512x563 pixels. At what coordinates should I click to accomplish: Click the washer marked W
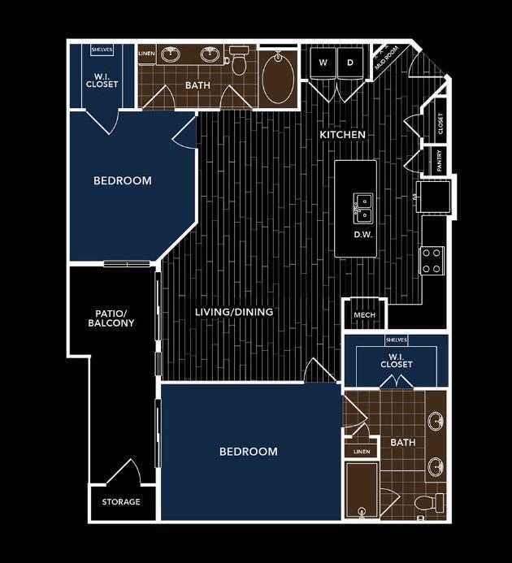click(323, 63)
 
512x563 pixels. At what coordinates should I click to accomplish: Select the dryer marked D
click(350, 63)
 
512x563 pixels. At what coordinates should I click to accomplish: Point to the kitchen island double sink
click(363, 208)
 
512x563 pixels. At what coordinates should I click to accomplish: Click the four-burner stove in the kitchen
click(432, 261)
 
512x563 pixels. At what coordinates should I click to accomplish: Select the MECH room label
click(364, 315)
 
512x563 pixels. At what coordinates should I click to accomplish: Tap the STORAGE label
click(121, 501)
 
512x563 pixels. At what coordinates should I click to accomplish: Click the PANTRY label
click(439, 161)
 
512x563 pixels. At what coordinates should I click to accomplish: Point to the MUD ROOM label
click(387, 58)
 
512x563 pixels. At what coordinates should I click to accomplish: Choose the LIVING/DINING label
click(234, 312)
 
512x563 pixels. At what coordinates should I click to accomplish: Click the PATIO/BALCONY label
click(111, 318)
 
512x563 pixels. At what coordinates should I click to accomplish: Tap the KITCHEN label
click(342, 135)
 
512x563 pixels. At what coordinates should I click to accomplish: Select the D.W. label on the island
click(363, 235)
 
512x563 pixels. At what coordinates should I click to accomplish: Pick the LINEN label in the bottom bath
click(362, 452)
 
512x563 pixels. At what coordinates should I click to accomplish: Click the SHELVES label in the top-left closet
click(102, 50)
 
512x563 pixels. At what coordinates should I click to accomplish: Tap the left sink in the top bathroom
click(171, 54)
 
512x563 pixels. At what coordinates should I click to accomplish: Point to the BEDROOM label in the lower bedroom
click(248, 452)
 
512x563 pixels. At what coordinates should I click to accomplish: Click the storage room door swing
click(124, 471)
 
